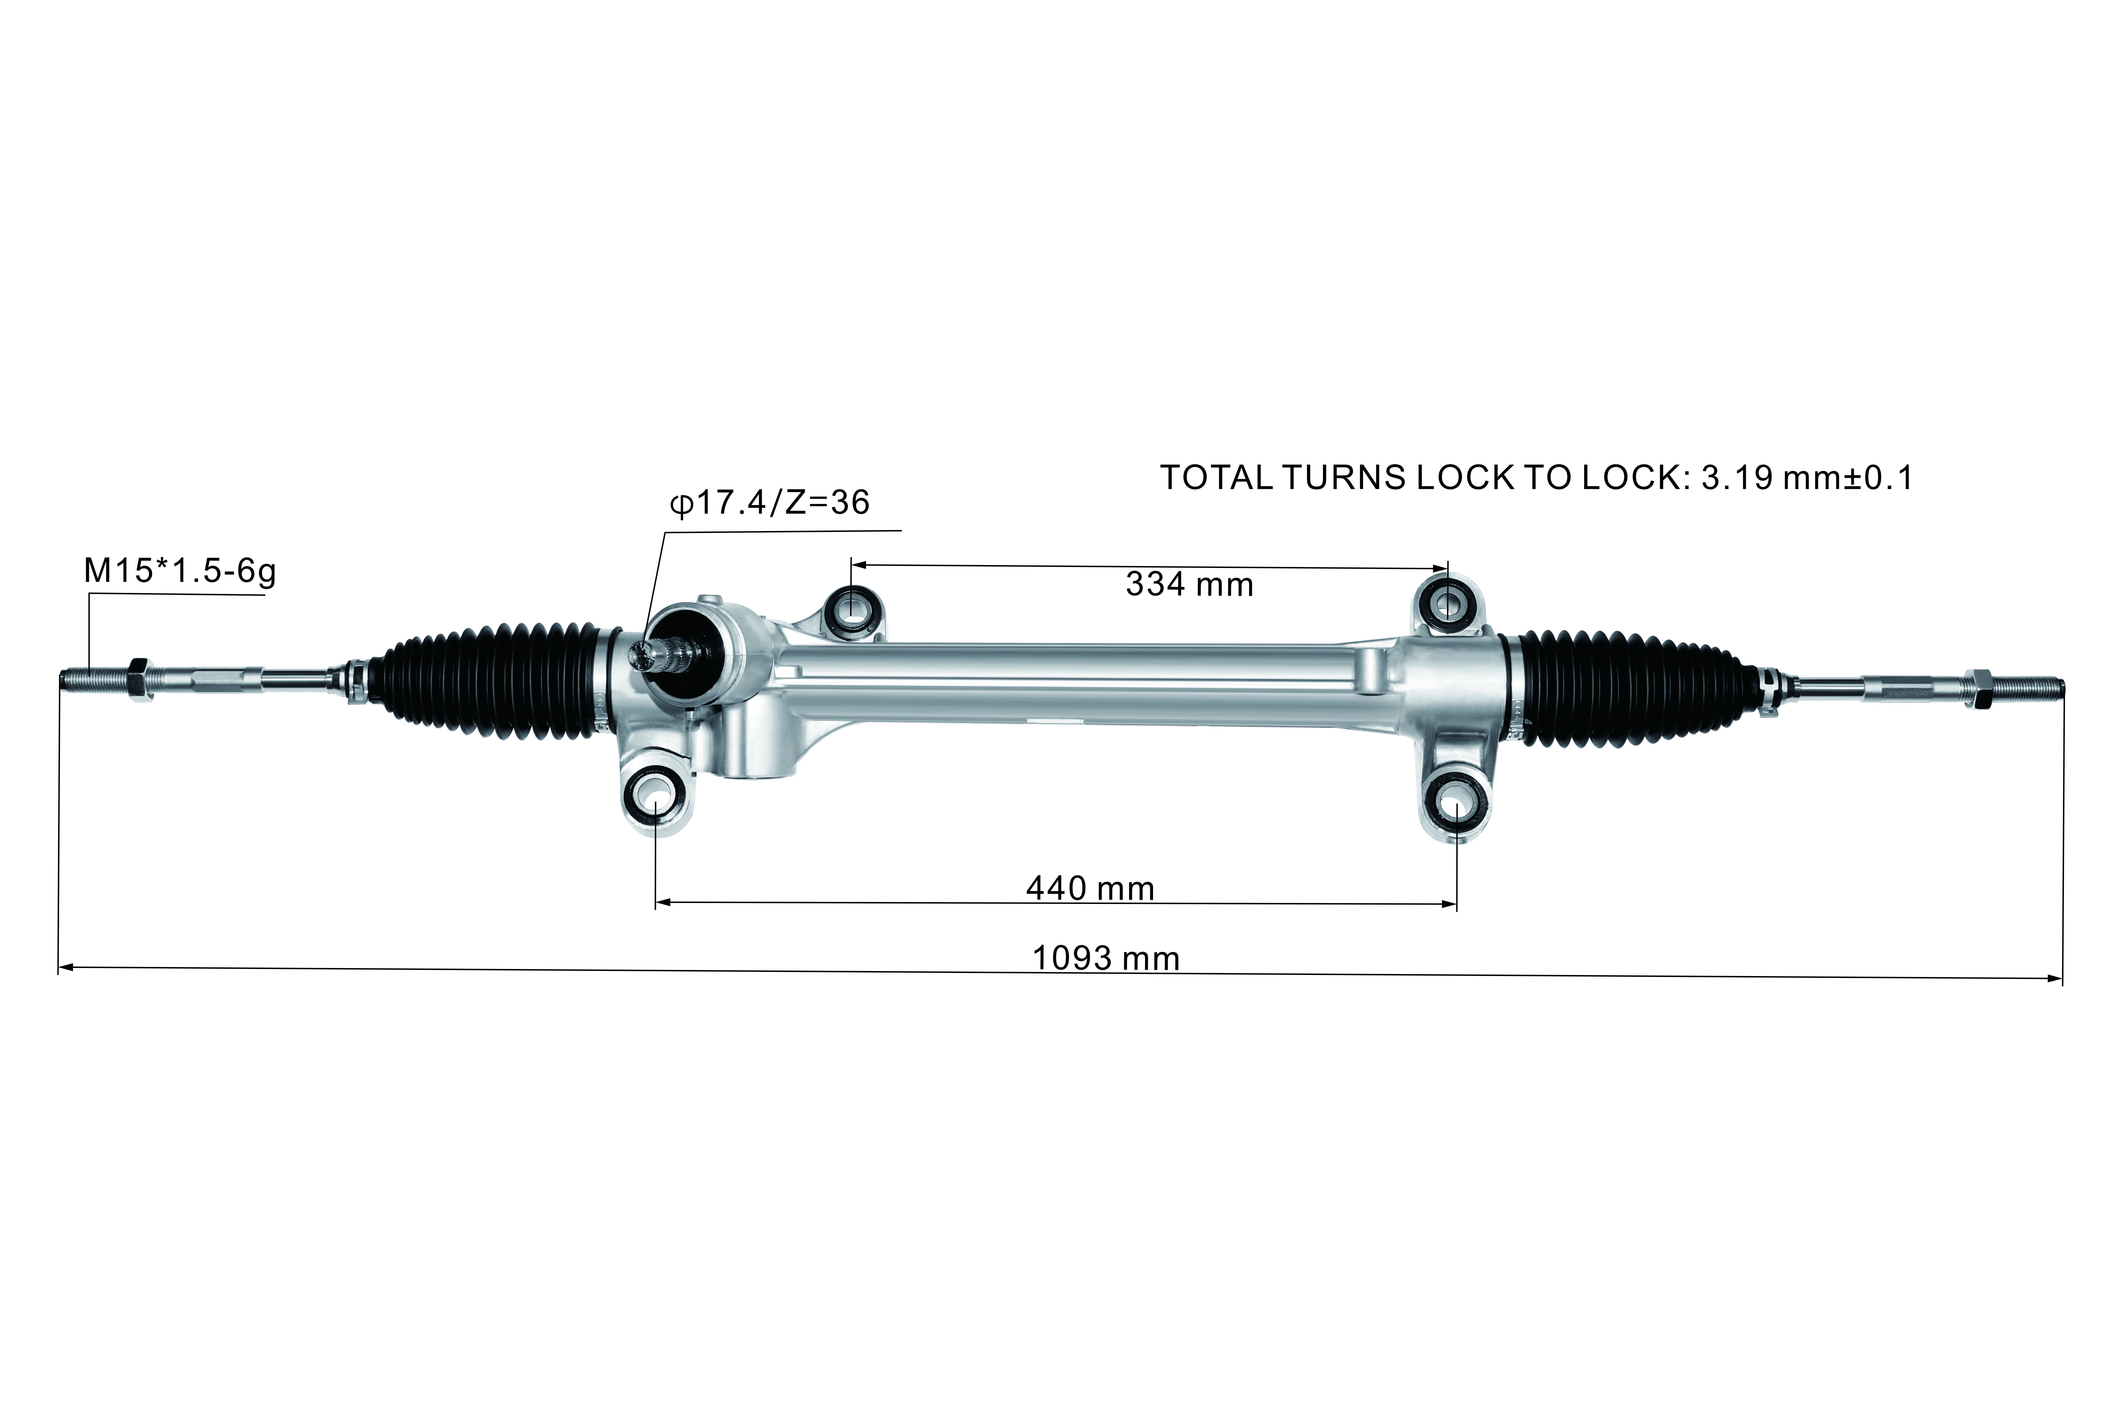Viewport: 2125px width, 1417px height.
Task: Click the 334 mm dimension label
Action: [x=1189, y=585]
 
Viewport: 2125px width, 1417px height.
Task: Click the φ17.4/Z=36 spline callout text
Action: [x=769, y=502]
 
